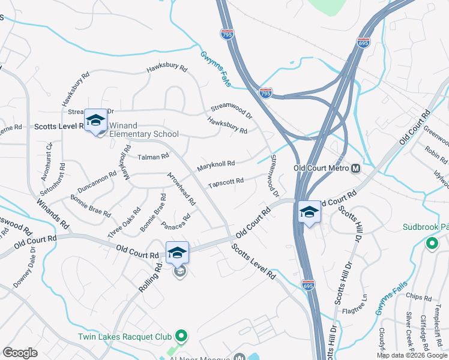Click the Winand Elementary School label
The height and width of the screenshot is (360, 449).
point(144,130)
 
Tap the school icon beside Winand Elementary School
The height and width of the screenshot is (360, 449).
point(95,121)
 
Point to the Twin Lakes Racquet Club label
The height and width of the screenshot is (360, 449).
point(125,337)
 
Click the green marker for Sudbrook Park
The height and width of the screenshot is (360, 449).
point(431,244)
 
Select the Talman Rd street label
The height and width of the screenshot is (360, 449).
point(154,157)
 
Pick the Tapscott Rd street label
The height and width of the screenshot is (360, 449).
point(226,181)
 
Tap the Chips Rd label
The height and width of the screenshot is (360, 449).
point(418,298)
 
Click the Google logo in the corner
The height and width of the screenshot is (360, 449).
point(20,353)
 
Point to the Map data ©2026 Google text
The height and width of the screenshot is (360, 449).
point(412,355)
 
